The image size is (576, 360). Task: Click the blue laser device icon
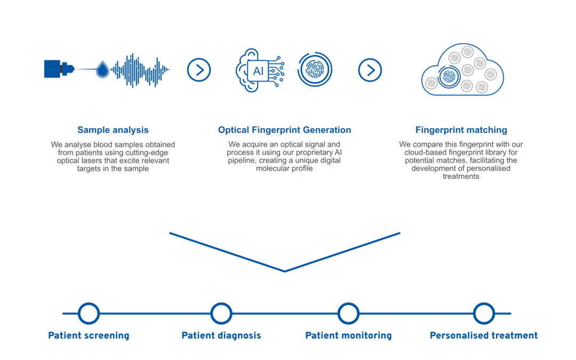point(59,69)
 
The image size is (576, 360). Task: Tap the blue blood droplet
point(103,70)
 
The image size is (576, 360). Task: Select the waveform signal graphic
point(140,70)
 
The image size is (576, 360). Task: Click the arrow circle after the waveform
point(199,70)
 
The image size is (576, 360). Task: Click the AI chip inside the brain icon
point(258,70)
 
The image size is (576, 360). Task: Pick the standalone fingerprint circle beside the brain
point(315,70)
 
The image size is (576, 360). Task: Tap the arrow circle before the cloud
point(370,70)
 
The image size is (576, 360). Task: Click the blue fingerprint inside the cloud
point(449,77)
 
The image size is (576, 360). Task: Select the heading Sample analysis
point(113,130)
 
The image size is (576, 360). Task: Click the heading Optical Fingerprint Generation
point(285,130)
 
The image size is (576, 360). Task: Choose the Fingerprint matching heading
point(461,130)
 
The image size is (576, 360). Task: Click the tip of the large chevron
point(285,271)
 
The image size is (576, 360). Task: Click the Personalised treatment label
point(484,335)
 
